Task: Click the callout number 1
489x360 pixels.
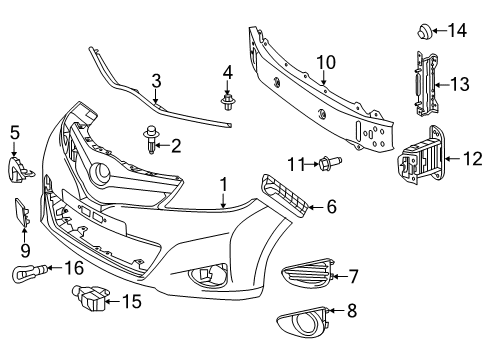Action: coord(224,184)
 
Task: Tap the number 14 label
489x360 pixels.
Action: coord(457,30)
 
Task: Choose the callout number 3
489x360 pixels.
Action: coord(157,80)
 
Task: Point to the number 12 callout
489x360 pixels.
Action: coord(475,157)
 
